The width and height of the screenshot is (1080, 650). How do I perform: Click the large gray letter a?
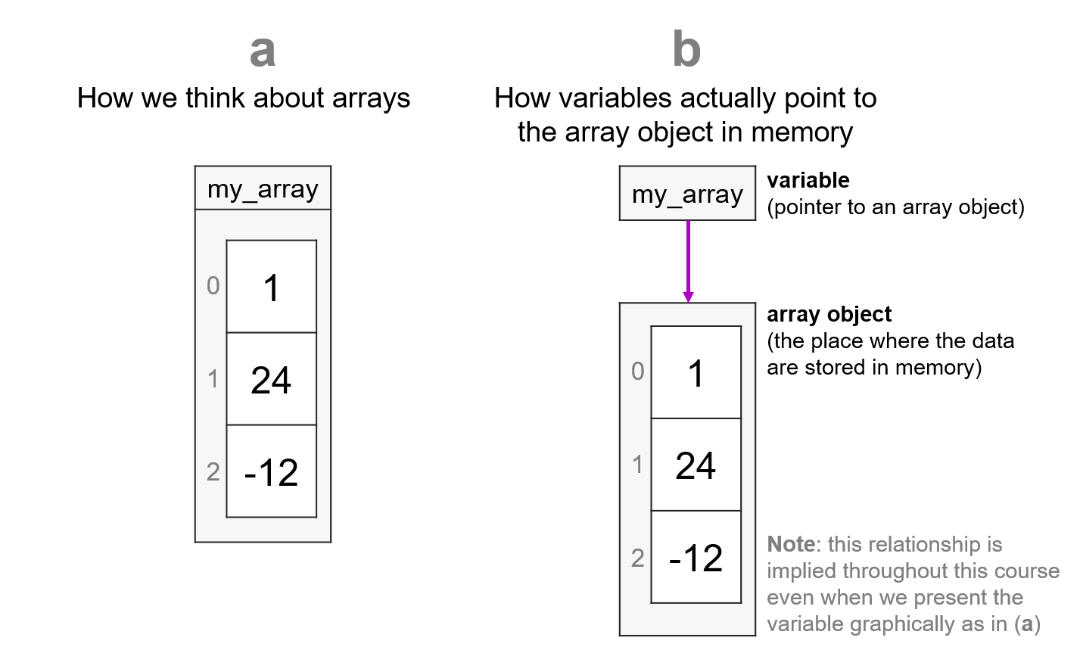[x=262, y=51]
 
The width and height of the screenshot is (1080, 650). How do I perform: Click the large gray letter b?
[x=686, y=51]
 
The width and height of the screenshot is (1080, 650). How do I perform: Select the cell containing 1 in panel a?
[x=271, y=287]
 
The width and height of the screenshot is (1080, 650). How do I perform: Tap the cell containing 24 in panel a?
[x=271, y=379]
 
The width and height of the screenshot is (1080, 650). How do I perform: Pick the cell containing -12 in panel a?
[x=271, y=471]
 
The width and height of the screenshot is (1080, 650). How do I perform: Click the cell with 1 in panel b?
[x=696, y=372]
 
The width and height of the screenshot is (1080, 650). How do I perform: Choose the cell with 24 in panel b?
[x=696, y=465]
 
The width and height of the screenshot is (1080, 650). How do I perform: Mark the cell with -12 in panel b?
[x=696, y=557]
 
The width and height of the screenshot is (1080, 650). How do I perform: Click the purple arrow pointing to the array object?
[x=688, y=261]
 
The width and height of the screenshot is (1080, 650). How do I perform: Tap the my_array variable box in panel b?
[x=687, y=194]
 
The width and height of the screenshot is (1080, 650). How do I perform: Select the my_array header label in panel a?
[x=263, y=188]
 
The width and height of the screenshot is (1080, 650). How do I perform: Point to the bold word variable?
[x=808, y=180]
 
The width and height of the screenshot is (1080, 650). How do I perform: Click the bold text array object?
[x=829, y=314]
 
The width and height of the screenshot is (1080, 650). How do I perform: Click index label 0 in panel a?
[x=213, y=285]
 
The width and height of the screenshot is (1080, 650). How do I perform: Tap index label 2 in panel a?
[x=213, y=471]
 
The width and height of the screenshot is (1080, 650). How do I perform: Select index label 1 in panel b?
[x=638, y=464]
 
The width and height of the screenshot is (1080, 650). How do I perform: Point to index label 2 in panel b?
[x=638, y=558]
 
